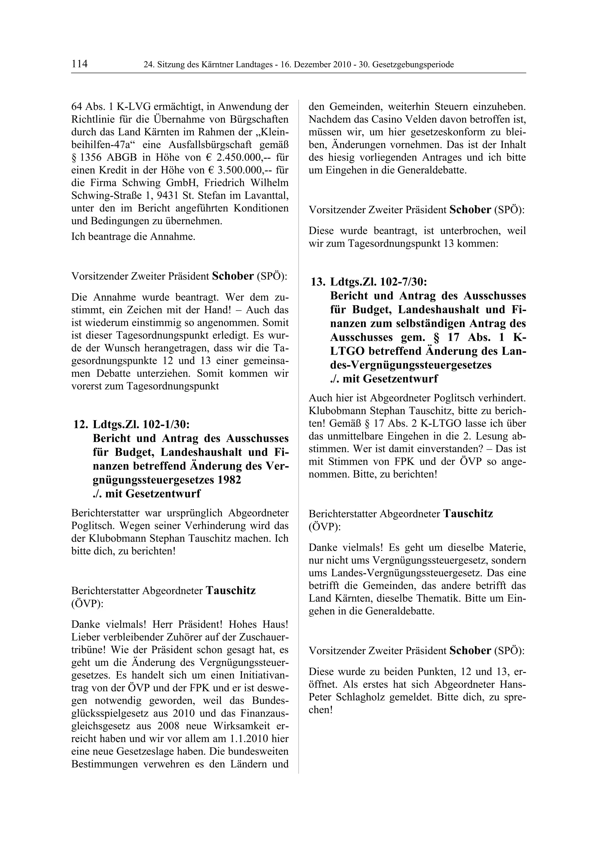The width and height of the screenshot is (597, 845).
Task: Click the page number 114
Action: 80,64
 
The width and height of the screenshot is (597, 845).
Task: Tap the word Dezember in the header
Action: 312,65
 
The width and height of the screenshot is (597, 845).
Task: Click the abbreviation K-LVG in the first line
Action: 134,107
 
